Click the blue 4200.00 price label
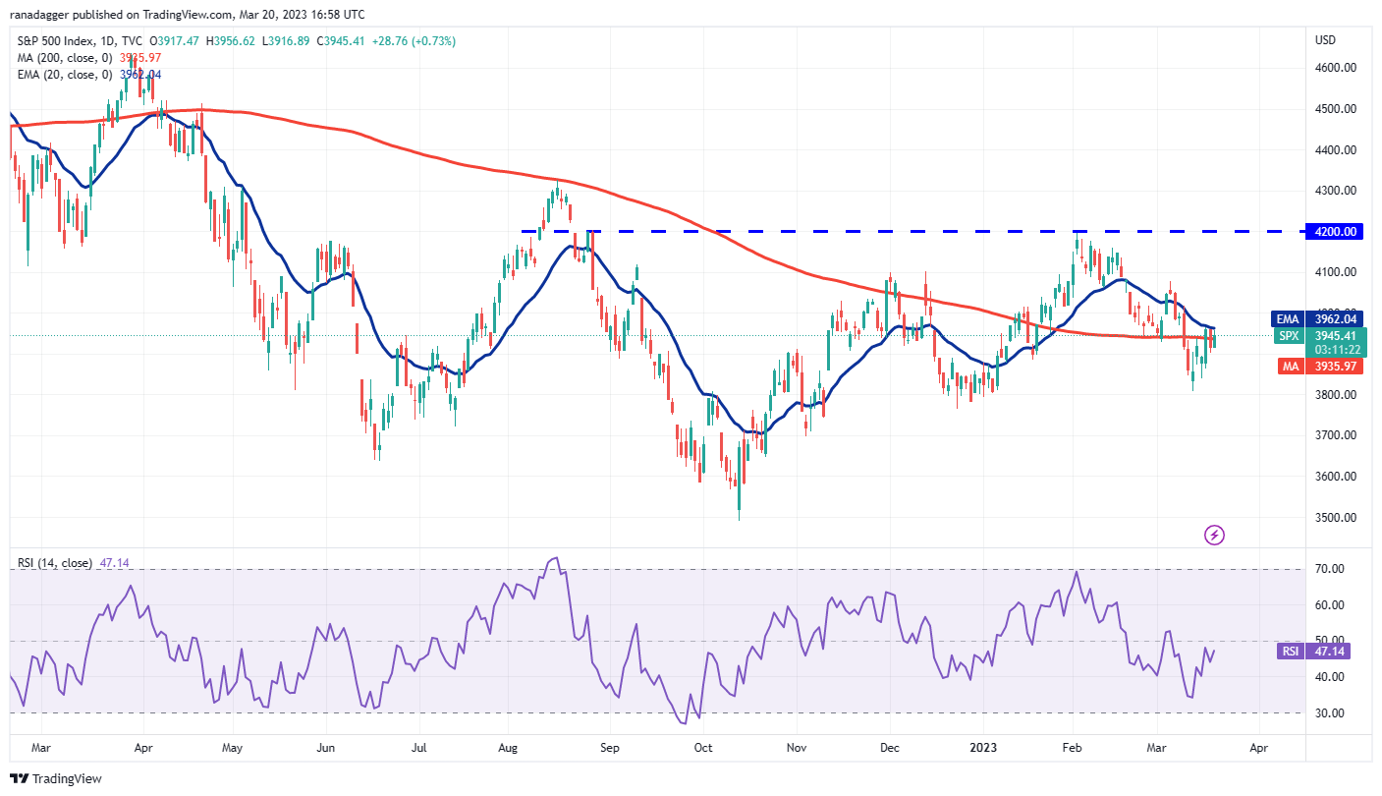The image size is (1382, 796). pos(1337,232)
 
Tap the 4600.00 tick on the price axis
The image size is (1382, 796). pos(1335,68)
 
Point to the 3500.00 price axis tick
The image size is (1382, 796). pos(1335,517)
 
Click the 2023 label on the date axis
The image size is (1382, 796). pos(984,747)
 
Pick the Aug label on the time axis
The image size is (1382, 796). pos(507,747)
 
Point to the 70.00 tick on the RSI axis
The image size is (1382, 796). pos(1331,569)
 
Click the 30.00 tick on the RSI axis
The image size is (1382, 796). pos(1331,712)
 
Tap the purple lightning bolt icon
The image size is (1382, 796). pos(1215,536)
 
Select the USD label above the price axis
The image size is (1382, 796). pos(1326,40)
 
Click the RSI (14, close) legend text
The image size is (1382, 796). pos(55,563)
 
